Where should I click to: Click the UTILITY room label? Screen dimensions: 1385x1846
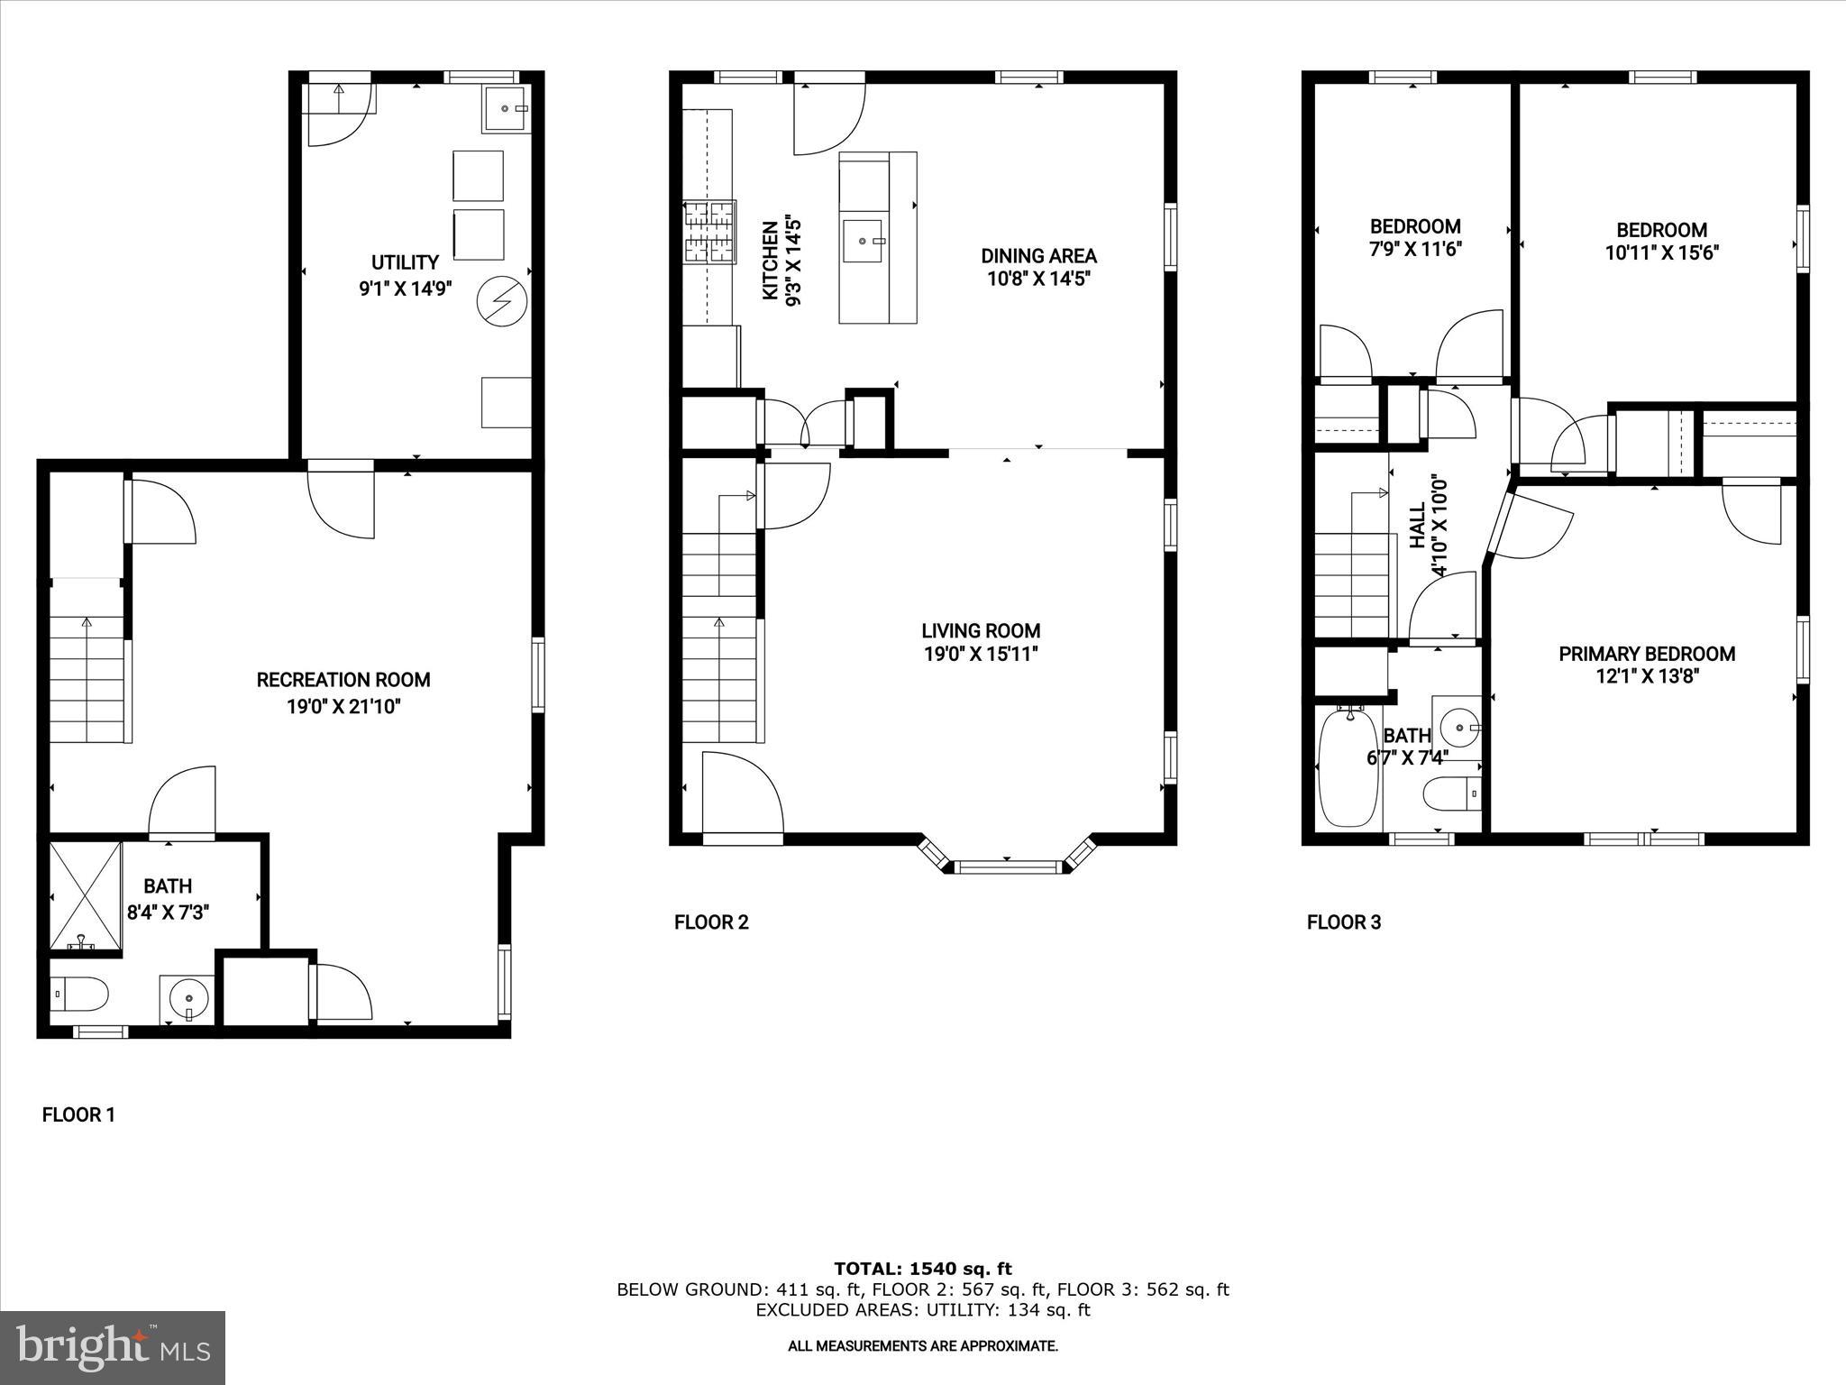pos(405,262)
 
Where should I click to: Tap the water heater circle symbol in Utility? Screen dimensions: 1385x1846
pos(499,299)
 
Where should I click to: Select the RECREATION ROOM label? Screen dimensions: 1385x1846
pos(343,680)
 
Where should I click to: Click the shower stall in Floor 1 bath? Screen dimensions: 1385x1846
pos(85,895)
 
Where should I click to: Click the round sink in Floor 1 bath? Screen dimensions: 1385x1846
pos(188,998)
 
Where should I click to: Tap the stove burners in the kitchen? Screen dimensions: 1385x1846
pos(709,232)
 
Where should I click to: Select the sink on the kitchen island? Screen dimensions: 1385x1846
pos(864,240)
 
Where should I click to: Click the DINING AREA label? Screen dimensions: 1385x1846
pos(1038,256)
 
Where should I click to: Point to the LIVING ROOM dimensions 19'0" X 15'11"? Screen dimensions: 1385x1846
pos(981,654)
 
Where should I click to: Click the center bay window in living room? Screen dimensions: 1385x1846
pos(1006,867)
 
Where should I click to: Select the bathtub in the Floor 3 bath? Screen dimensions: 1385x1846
pos(1348,766)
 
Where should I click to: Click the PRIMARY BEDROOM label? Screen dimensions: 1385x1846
pos(1647,654)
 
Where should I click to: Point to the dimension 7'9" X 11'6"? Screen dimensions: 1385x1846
pos(1415,249)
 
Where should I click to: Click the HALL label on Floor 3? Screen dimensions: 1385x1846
pos(1419,525)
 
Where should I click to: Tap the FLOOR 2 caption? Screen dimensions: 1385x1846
pos(711,922)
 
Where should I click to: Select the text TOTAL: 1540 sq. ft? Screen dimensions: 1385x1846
pos(923,1270)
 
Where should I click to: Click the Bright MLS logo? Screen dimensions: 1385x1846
pos(113,1347)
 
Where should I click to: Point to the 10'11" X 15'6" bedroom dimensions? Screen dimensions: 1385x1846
pos(1661,252)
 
